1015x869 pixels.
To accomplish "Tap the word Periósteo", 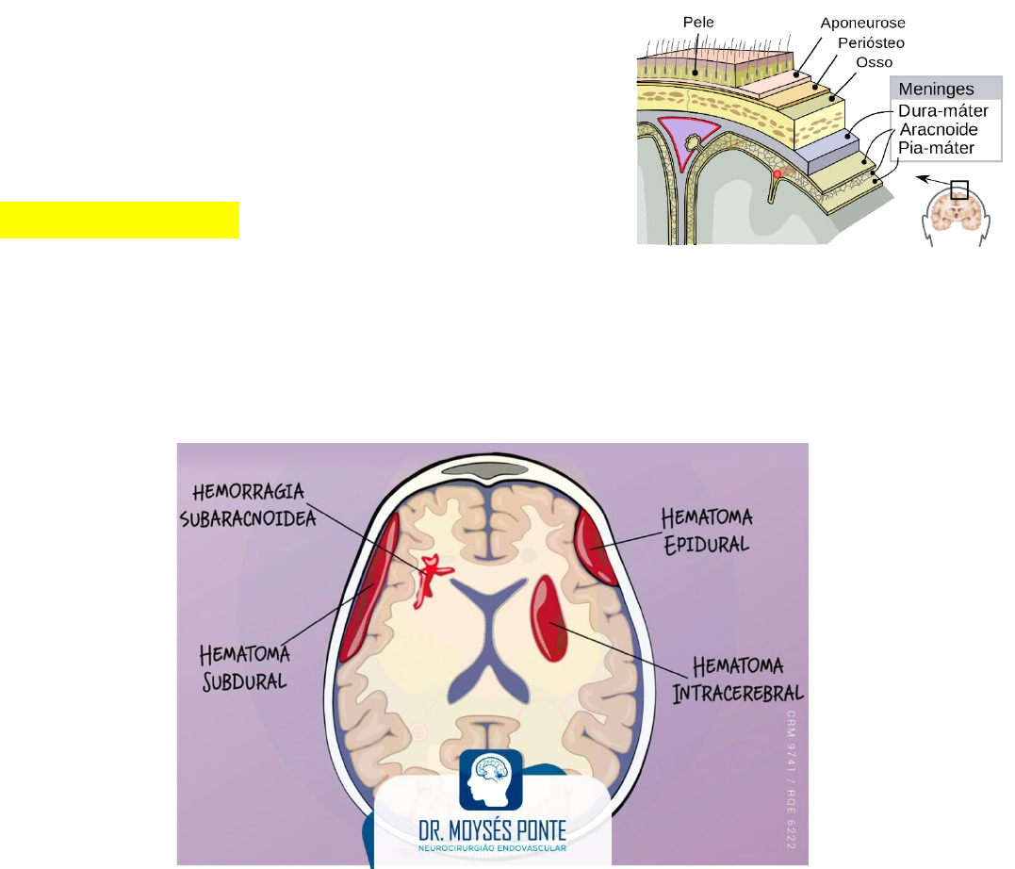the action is pos(870,42).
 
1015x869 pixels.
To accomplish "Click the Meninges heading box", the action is pos(945,90).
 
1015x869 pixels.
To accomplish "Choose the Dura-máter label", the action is pos(942,110).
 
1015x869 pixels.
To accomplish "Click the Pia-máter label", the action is pos(936,148).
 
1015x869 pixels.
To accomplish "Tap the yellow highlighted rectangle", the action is pos(120,220).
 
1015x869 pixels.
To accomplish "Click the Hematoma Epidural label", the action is pos(706,530).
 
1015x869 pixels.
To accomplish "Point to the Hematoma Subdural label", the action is pos(245,667).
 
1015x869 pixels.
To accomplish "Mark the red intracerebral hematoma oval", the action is pos(550,617).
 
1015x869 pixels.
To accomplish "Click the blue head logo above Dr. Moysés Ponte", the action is pos(491,779).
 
